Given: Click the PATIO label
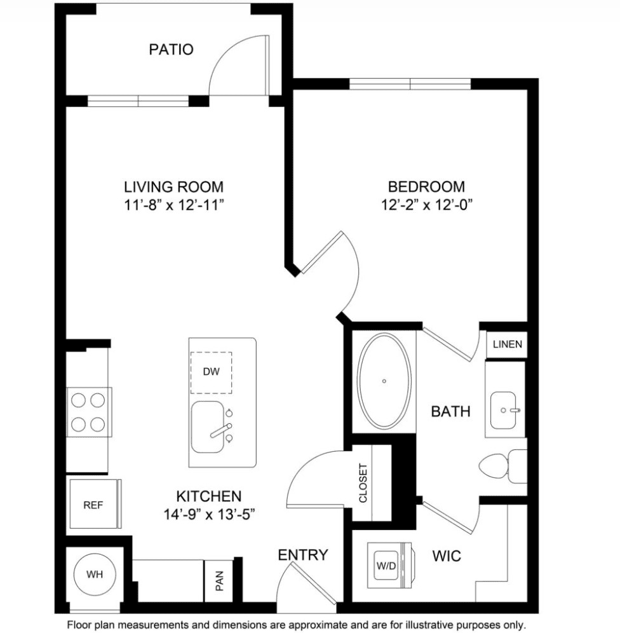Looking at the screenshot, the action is [171, 49].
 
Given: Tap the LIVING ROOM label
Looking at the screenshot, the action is [173, 187].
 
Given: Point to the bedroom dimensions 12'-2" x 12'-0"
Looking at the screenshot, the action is [426, 205].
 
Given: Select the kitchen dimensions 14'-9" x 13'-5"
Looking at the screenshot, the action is [209, 514].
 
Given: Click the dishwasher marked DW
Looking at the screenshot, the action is [211, 372].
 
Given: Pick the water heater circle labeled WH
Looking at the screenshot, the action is [95, 574].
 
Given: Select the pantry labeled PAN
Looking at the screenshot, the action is [219, 580].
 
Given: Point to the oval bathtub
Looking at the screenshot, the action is [385, 381].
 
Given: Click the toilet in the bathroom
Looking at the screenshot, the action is [502, 466].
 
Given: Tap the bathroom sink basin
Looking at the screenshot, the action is [504, 410].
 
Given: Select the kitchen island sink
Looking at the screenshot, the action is [207, 427].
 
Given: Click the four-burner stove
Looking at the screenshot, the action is [89, 412].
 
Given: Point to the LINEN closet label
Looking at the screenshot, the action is [508, 344].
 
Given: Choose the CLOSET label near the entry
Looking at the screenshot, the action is [363, 483].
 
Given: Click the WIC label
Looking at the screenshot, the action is [447, 556].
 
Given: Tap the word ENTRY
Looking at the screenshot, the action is [303, 555].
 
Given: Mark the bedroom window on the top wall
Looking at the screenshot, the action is [410, 84].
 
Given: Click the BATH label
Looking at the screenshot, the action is [450, 411].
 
